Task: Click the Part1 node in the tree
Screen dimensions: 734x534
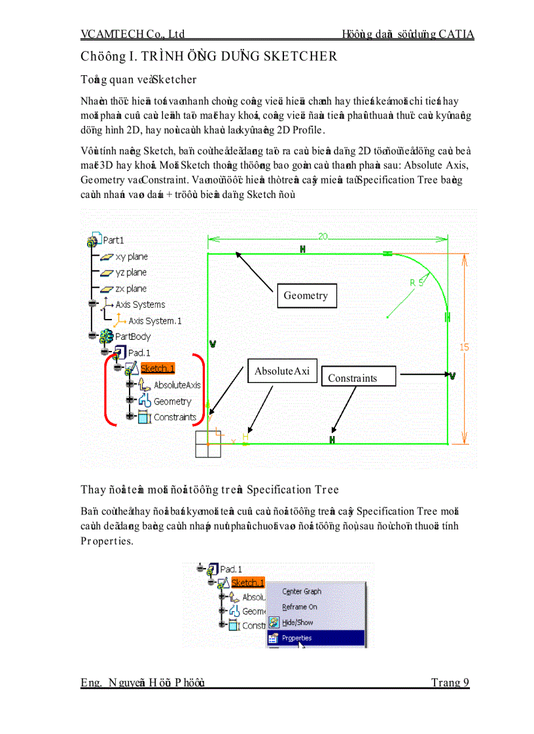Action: point(113,241)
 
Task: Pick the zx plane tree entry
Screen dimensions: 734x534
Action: point(131,288)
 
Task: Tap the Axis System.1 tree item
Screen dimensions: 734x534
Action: point(154,321)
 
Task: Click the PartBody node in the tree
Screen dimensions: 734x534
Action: point(133,337)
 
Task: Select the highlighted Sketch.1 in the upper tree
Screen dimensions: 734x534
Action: point(157,369)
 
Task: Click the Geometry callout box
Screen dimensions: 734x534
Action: point(306,295)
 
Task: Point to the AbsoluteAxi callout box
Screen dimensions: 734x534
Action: point(281,371)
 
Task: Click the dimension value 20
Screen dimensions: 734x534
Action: point(323,236)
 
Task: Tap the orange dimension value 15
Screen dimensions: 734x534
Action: point(464,347)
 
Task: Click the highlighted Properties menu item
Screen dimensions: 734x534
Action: point(296,639)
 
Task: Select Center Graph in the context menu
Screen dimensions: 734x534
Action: point(302,592)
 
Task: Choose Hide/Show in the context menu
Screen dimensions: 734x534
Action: point(297,623)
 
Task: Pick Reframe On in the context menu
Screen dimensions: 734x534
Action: point(299,607)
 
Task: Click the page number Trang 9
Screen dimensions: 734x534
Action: point(450,683)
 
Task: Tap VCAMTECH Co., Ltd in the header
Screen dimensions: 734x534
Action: point(132,34)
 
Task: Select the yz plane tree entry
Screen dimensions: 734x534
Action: point(131,273)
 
